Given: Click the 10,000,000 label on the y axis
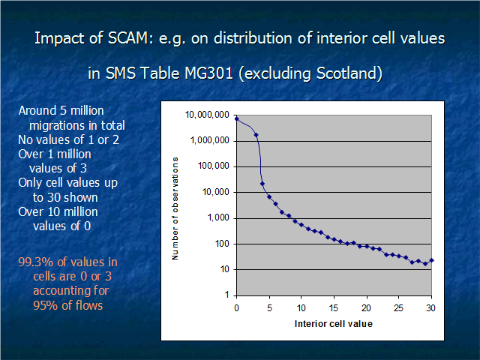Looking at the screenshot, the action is [207, 115].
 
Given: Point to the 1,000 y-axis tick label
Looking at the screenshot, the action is [218, 217].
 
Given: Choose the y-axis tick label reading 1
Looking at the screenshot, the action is [226, 295].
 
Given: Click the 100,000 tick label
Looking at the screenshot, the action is [213, 166].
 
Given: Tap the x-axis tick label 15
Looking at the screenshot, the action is [334, 308].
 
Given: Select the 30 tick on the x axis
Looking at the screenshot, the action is [430, 308].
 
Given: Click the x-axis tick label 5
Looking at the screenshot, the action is [269, 308].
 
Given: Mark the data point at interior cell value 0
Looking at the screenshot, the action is [237, 118].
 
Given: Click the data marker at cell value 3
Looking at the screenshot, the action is [256, 135].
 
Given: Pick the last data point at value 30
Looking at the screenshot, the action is [432, 260].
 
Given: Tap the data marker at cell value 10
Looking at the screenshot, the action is [301, 225].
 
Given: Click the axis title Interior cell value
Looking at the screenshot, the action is [334, 324].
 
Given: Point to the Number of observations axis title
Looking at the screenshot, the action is [175, 208].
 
